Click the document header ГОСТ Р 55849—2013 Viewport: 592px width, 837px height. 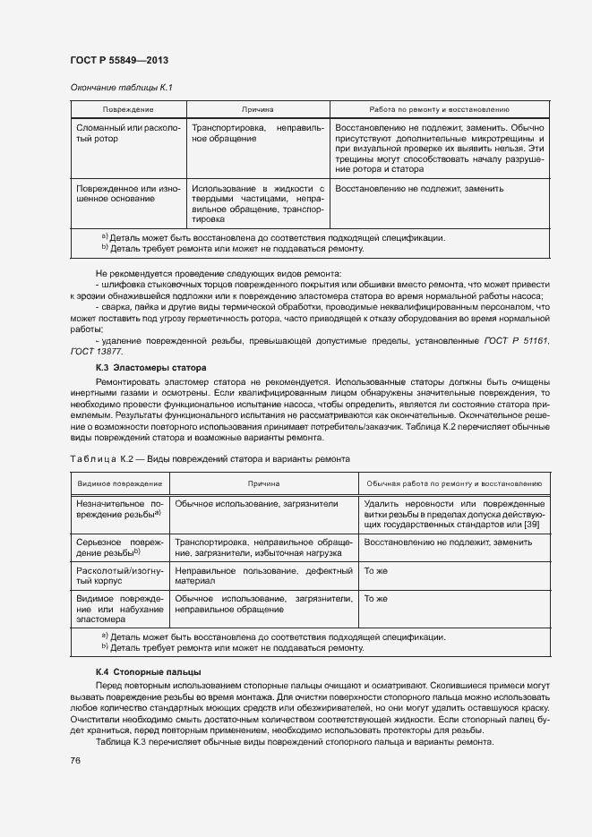click(x=118, y=60)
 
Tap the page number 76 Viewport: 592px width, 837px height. click(x=75, y=760)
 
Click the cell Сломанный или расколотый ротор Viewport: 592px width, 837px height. click(x=128, y=134)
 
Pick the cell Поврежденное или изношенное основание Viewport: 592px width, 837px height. click(x=128, y=195)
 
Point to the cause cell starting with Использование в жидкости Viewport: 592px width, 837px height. click(x=257, y=203)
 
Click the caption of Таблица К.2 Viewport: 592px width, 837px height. click(x=209, y=458)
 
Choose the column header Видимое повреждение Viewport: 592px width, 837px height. click(x=119, y=484)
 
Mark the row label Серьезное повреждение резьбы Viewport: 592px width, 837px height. click(x=119, y=548)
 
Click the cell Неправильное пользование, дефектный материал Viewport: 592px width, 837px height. click(x=264, y=577)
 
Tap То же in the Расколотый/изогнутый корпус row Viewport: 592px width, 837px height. click(x=374, y=570)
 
